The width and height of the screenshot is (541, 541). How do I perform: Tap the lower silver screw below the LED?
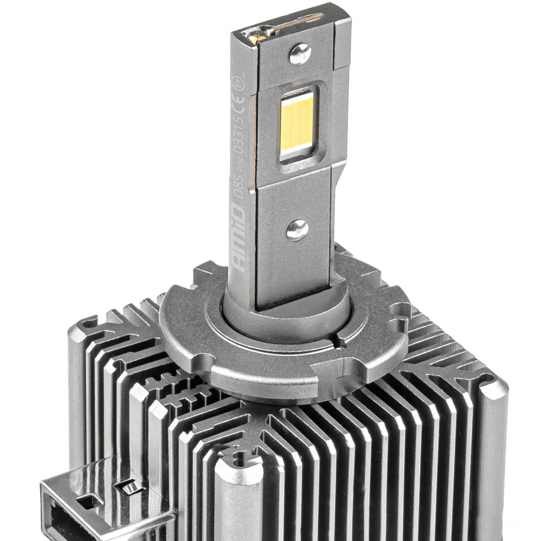point(298,230)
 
